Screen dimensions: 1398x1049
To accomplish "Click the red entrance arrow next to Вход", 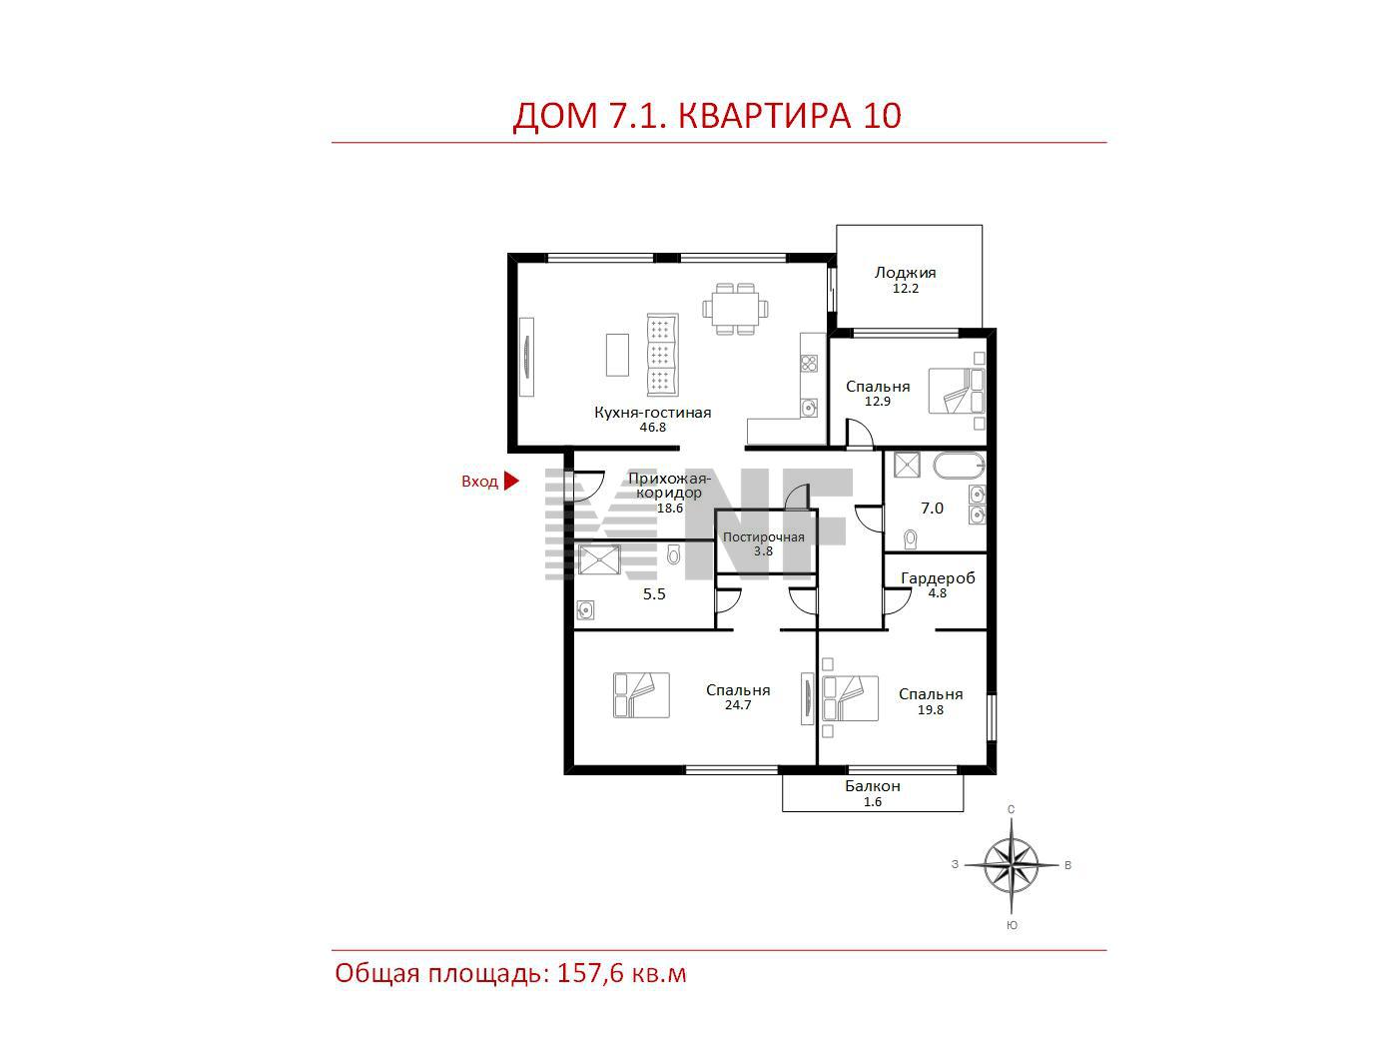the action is click(511, 481).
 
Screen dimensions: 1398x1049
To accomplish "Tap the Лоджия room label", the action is click(905, 273).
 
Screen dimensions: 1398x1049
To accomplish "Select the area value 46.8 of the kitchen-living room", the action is click(653, 428).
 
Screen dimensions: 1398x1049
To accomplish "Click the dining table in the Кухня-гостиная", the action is click(735, 309).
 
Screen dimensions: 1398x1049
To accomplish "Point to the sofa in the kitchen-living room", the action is click(662, 354).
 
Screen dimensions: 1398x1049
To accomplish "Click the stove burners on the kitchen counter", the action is click(809, 364).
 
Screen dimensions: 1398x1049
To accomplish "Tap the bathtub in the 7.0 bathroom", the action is click(960, 466).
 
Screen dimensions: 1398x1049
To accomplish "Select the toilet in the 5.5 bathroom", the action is click(674, 554).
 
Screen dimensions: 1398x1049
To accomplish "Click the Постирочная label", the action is click(764, 536).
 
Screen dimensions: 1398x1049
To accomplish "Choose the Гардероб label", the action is click(938, 578).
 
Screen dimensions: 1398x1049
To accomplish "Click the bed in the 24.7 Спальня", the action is click(641, 695).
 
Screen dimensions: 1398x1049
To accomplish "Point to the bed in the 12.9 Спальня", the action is click(957, 391).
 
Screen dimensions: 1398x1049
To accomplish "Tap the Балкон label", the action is click(873, 786).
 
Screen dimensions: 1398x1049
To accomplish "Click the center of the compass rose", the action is click(1012, 865).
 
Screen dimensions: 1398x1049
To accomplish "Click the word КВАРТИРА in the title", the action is click(765, 116).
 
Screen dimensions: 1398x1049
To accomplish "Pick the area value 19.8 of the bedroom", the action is click(931, 710).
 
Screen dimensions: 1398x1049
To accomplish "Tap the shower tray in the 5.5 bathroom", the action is click(599, 559).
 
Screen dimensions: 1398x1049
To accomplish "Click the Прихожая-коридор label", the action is click(669, 486).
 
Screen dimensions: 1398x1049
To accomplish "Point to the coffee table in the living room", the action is click(617, 355).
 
